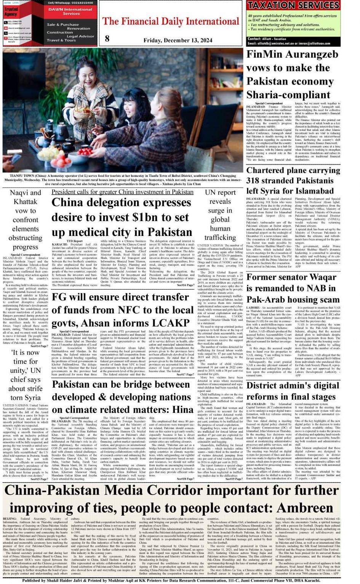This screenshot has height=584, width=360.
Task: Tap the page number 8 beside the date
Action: coord(107,39)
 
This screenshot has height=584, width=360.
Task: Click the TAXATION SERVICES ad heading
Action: coord(293,5)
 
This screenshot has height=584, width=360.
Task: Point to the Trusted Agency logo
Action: coord(11,12)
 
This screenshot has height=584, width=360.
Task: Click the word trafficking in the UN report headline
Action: coord(220,237)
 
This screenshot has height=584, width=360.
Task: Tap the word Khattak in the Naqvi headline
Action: coord(26,202)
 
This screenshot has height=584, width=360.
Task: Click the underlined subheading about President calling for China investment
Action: coord(122,192)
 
